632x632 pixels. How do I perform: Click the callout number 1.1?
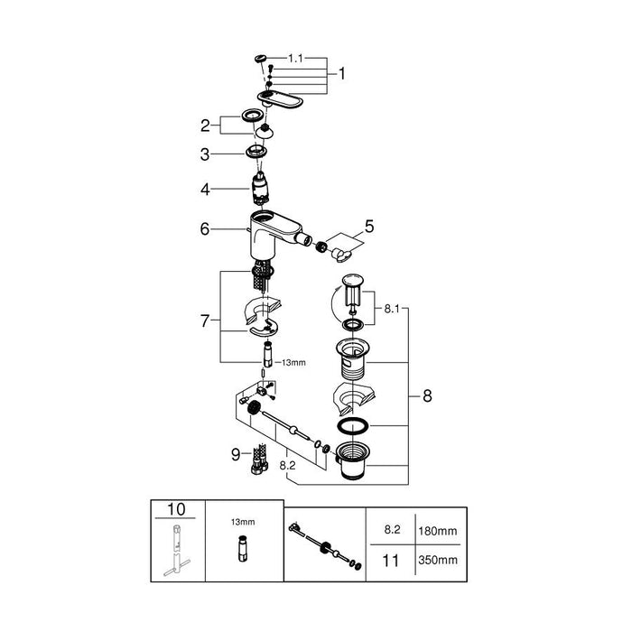tap(295, 59)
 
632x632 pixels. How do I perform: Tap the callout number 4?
tap(206, 189)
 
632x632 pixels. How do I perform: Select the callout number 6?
tap(205, 229)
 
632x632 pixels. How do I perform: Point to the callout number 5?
tap(369, 227)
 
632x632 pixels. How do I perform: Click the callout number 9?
tap(236, 455)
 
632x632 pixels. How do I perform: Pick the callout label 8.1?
tap(391, 309)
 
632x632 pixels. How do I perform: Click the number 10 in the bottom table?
tap(176, 509)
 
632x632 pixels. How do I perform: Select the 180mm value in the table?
tap(438, 531)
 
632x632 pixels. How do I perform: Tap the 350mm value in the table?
tap(438, 560)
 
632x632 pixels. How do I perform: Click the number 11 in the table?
tap(391, 561)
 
